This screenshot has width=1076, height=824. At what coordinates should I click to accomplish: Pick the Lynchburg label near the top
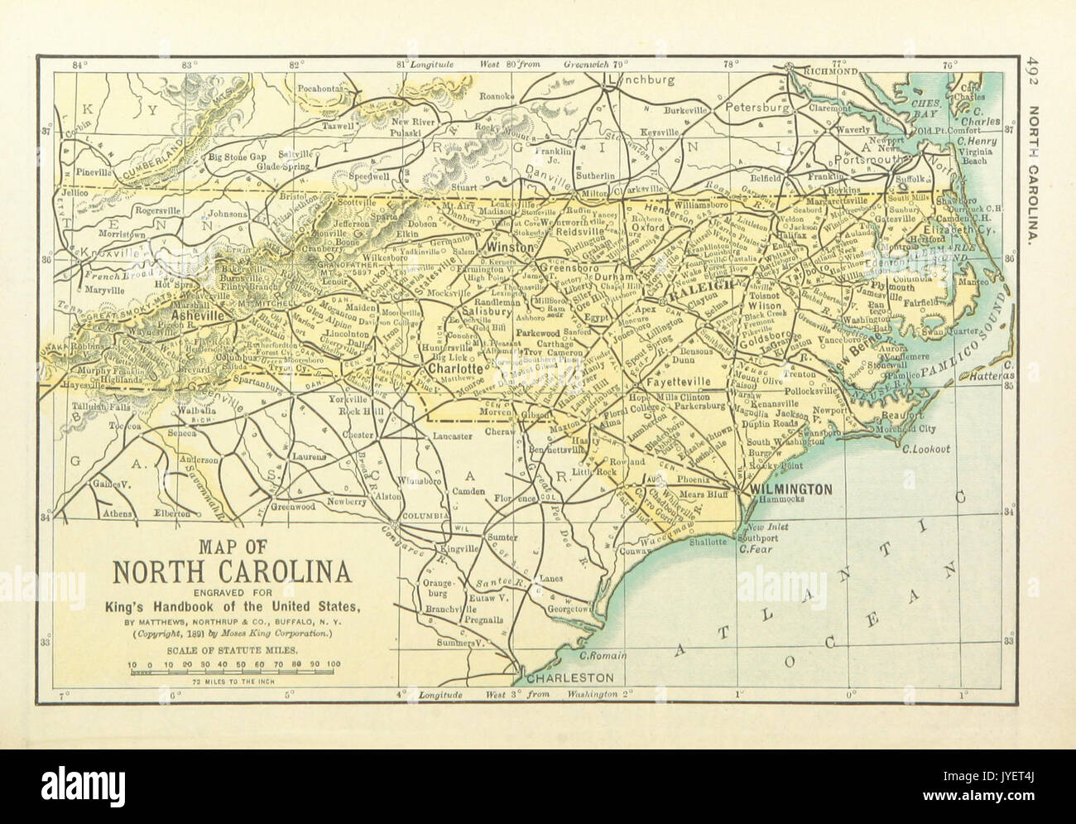pos(641,80)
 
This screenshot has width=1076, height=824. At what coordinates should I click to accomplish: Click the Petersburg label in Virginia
pos(757,108)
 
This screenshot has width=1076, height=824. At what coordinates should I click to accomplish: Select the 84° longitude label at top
pos(79,64)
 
